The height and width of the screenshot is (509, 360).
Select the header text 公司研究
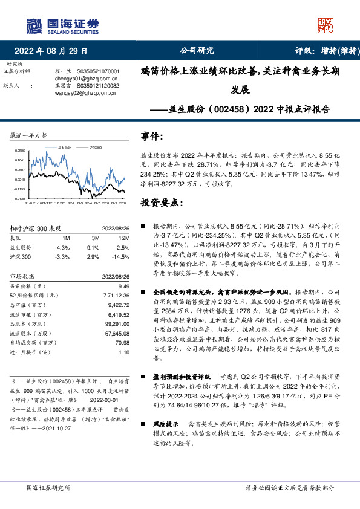[197, 51]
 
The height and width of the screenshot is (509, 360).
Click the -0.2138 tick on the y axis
[20, 198]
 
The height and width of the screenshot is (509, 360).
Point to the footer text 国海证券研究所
[48, 487]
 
